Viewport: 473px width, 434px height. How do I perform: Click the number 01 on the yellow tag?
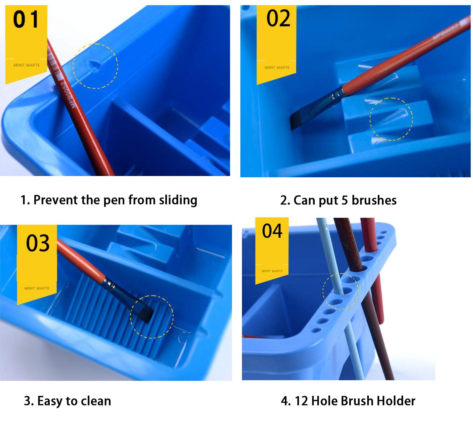point(26,19)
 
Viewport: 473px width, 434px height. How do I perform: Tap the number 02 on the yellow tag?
point(278,18)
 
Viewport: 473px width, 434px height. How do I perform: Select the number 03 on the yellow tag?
point(38,243)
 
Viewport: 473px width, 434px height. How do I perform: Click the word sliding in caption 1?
point(178,200)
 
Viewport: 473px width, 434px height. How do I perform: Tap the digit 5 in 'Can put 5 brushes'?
point(344,200)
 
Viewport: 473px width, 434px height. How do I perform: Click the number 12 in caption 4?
point(301,401)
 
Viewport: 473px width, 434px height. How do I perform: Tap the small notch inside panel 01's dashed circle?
point(94,66)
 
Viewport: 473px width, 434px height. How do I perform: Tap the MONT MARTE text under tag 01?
point(27,65)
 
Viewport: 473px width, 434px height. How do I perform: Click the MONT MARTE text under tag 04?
point(272,271)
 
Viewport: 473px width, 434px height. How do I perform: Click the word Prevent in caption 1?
point(56,200)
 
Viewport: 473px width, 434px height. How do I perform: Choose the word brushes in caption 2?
point(374,200)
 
